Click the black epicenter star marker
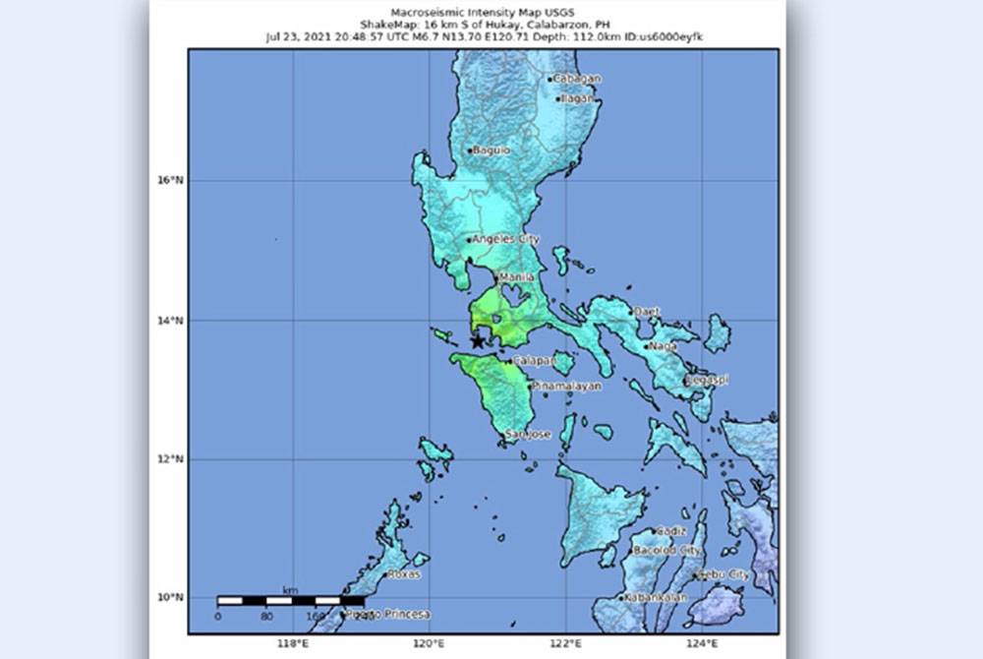click(x=479, y=341)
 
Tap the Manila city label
click(x=517, y=278)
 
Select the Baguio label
click(x=491, y=150)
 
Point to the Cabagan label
click(x=577, y=79)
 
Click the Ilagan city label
click(x=580, y=98)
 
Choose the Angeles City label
click(x=506, y=239)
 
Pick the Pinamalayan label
click(x=567, y=387)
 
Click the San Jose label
click(x=528, y=434)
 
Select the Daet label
click(x=647, y=312)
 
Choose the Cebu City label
click(x=724, y=574)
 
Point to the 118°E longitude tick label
click(x=292, y=644)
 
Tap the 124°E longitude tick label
click(x=702, y=644)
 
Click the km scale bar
click(x=290, y=599)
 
